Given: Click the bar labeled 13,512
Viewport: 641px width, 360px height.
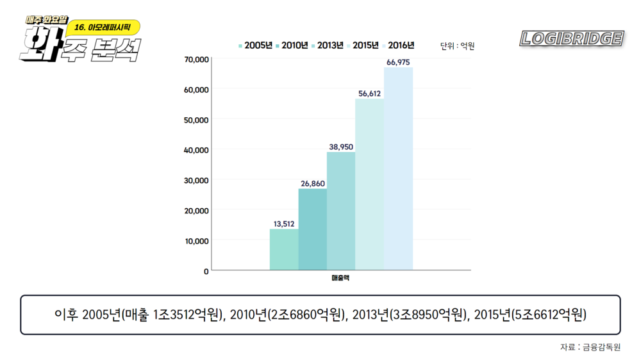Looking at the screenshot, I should [284, 249].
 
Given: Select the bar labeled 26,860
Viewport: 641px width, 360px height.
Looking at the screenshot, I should [312, 229].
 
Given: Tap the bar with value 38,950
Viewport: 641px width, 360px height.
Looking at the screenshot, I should [341, 211].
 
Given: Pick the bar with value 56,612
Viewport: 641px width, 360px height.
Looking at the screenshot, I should [369, 184].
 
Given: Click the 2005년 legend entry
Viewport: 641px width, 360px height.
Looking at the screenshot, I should [256, 45].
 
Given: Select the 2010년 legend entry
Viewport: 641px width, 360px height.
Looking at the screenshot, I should [292, 45].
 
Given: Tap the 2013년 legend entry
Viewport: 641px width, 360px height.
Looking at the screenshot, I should [328, 45].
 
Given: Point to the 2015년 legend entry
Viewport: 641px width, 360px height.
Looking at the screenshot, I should [363, 45].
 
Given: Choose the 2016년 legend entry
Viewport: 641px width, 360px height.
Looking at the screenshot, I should [398, 45].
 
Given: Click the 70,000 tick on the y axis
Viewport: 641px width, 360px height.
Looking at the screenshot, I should [196, 60].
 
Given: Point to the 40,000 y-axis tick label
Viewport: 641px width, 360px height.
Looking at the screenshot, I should [196, 150].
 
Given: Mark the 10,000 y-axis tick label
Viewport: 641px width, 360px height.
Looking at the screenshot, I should [196, 241].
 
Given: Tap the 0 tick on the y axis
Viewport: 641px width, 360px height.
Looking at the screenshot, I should [206, 271].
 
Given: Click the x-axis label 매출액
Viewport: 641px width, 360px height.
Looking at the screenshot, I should [340, 278].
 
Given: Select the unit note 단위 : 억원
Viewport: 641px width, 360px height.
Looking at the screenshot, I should [457, 46].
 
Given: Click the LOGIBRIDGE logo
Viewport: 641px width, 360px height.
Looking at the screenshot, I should [572, 38].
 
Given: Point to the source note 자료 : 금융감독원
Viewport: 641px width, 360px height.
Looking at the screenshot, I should [590, 347].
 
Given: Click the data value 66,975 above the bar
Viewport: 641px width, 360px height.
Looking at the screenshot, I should [398, 62].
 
